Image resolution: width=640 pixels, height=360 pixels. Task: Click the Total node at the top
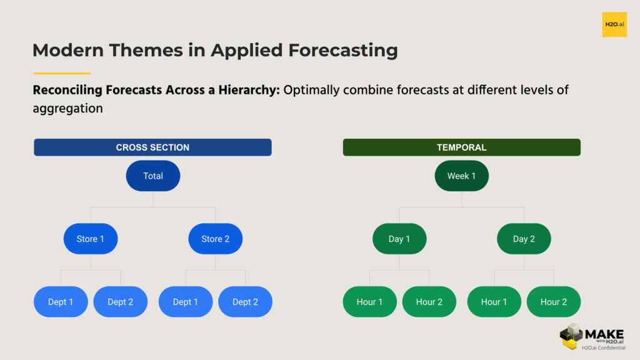click(x=153, y=176)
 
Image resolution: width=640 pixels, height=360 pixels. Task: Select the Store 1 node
click(x=91, y=239)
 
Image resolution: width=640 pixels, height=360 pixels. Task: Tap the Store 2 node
click(x=215, y=239)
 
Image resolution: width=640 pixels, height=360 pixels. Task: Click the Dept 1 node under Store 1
click(x=61, y=302)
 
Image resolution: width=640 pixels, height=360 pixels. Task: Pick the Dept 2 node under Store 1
click(x=121, y=302)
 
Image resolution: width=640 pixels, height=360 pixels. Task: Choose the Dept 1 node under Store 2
click(x=186, y=302)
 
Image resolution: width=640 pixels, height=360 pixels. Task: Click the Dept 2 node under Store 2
click(x=245, y=302)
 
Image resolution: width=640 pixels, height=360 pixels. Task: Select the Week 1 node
click(x=462, y=176)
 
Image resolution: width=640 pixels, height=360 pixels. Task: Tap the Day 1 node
click(x=399, y=239)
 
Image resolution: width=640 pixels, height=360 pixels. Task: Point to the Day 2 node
click(x=524, y=239)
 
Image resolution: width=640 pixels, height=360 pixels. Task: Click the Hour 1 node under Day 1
click(x=370, y=302)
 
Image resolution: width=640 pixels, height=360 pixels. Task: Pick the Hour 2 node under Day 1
click(x=429, y=302)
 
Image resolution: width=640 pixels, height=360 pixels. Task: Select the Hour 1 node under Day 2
click(x=494, y=302)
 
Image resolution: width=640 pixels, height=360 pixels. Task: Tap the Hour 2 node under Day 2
click(x=554, y=302)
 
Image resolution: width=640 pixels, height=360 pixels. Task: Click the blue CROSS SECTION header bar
click(x=152, y=147)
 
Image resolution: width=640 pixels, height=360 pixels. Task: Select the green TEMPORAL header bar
click(x=461, y=147)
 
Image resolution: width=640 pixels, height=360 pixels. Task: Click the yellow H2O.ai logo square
click(x=614, y=24)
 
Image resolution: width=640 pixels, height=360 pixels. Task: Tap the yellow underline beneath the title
click(x=62, y=73)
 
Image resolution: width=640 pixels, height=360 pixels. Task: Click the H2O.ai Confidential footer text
click(x=603, y=347)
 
